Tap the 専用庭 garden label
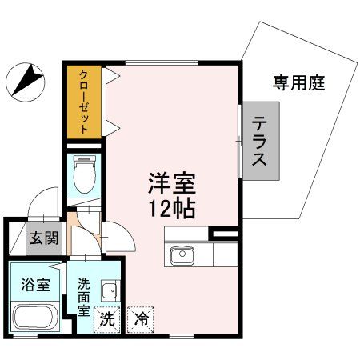coord(298,82)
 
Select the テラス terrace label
coord(260,141)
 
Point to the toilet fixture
coord(83,174)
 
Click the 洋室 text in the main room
coord(171,183)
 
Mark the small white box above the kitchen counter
coord(225,234)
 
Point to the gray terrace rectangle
coord(260,141)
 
